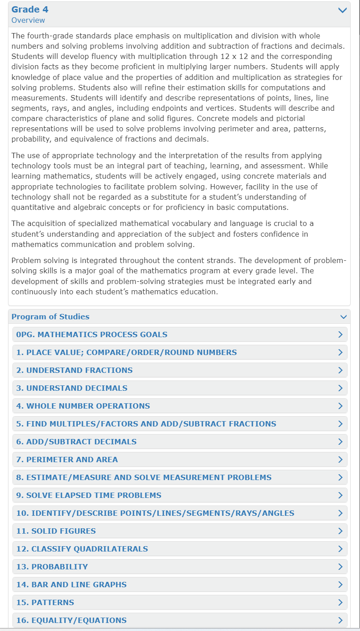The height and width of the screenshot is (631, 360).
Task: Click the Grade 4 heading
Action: (30, 9)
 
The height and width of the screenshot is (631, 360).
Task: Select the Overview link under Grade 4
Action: (28, 20)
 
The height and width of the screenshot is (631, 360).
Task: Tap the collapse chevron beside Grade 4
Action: (343, 10)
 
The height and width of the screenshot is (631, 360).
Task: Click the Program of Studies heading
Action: (50, 317)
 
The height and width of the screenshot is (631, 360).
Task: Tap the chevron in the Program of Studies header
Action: (343, 317)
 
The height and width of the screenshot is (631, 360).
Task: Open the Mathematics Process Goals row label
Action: (92, 334)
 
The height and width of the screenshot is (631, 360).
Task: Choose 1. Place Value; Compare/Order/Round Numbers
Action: (126, 352)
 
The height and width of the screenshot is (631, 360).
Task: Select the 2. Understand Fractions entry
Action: (74, 370)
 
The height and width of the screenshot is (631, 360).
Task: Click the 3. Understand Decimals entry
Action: (71, 388)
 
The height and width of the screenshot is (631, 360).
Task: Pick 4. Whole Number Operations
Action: (83, 406)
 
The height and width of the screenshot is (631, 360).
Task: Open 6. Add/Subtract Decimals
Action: (76, 442)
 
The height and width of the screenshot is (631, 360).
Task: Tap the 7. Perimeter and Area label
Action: (67, 460)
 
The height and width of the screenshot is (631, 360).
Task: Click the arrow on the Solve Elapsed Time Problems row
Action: (340, 495)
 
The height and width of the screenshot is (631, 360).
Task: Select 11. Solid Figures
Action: (56, 531)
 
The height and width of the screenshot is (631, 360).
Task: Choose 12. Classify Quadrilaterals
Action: (82, 549)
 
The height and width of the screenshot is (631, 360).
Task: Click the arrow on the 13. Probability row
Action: (340, 567)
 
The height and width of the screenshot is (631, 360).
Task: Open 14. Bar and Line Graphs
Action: (71, 585)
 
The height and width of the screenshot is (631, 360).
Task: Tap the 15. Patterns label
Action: (45, 602)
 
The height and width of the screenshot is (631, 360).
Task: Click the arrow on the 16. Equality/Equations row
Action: (340, 620)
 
